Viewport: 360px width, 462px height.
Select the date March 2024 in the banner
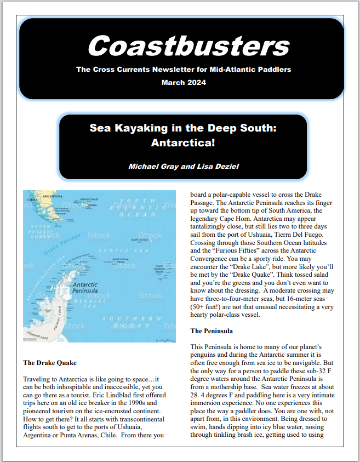point(184,83)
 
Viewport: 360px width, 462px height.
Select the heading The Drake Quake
point(50,363)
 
